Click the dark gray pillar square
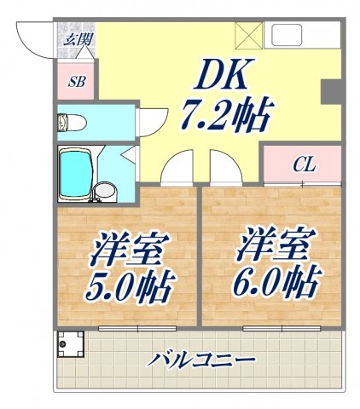[330, 92]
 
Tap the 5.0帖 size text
[127, 285]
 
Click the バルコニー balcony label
[200, 360]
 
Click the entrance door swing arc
[34, 37]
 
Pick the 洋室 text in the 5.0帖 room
[127, 251]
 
